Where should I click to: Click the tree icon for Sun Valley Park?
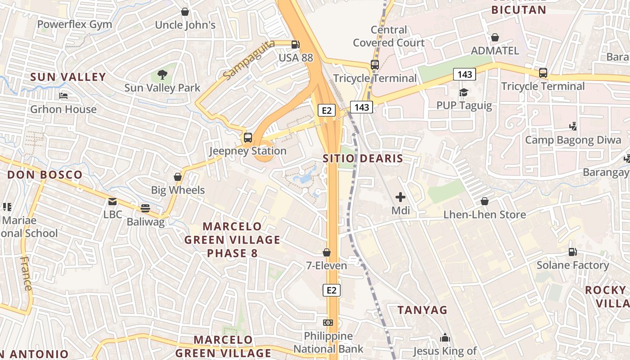[x=162, y=75]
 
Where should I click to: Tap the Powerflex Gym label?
[x=75, y=24]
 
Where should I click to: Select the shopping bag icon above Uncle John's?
[x=184, y=12]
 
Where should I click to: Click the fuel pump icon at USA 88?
[x=295, y=45]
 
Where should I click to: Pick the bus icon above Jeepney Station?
[x=247, y=138]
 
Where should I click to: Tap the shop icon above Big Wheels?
[x=178, y=177]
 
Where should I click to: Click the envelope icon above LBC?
[x=112, y=202]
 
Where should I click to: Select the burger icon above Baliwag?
[x=145, y=208]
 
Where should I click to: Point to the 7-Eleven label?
[x=327, y=265]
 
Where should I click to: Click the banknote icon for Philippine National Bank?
[x=328, y=323]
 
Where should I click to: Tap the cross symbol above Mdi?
[x=400, y=197]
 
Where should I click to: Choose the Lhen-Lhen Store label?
[x=485, y=215]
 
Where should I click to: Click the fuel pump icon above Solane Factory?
[x=572, y=252]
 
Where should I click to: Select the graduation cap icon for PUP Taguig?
[x=463, y=93]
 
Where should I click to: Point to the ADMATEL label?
[x=495, y=50]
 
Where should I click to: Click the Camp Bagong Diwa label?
[x=573, y=140]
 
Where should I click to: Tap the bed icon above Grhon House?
[x=63, y=96]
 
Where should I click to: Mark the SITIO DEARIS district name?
[x=363, y=158]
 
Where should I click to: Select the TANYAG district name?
[x=423, y=310]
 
